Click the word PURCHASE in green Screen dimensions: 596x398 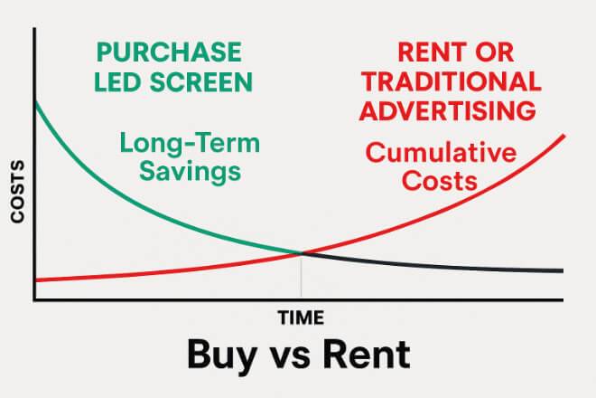169,52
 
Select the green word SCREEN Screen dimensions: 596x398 201,81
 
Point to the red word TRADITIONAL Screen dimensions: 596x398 452,81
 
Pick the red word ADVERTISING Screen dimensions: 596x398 448,111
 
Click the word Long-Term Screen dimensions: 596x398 190,144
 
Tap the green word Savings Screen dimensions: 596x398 190,172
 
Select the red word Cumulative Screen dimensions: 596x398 441,152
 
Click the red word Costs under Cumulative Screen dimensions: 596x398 440,181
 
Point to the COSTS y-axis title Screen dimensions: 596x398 17,192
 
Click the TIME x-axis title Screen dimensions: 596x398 301,317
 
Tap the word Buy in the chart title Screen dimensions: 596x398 222,355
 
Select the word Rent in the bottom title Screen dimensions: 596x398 367,355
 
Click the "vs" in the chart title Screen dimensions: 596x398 290,358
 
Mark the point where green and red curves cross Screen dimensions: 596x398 302,252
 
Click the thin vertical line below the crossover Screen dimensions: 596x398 302,276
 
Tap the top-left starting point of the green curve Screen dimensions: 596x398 35,102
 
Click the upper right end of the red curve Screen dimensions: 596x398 564,136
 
